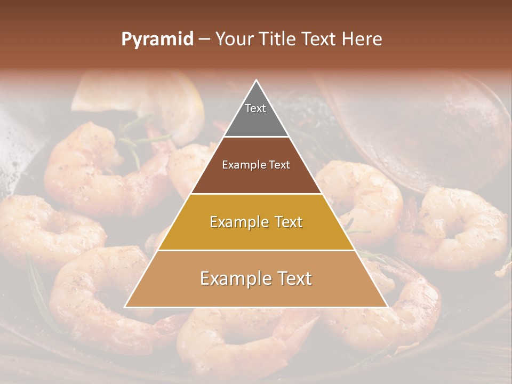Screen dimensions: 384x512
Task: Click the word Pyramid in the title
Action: (157, 39)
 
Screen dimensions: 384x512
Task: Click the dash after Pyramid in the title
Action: (204, 39)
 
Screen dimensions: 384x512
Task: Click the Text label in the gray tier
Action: (255, 108)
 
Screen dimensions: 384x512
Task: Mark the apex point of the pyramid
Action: (257, 81)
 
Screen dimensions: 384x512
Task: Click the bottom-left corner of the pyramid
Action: (125, 307)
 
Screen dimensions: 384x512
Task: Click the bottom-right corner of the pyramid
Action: (387, 307)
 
